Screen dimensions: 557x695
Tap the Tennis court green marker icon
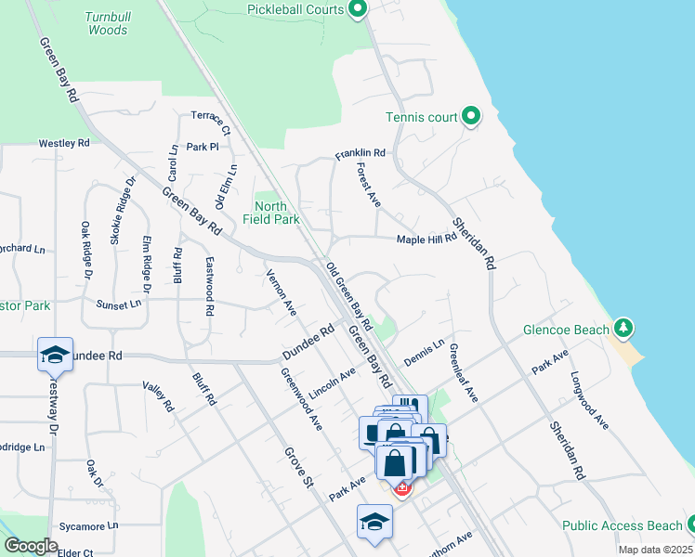coord(471,117)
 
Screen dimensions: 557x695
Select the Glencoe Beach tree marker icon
coord(624,329)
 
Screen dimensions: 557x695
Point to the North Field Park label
coord(277,213)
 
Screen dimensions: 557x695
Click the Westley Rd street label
coord(63,144)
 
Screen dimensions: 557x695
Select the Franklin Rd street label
coord(361,152)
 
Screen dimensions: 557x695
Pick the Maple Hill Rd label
coord(426,239)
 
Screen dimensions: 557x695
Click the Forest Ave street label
coord(369,185)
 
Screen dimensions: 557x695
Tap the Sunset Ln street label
coord(119,304)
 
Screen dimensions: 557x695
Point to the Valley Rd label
coord(158,395)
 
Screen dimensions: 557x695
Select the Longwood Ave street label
coord(589,400)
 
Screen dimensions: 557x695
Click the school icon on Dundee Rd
coord(55,355)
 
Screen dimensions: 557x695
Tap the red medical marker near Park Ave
coord(402,487)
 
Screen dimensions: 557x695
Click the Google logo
coord(31,546)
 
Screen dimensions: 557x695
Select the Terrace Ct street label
coord(211,123)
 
